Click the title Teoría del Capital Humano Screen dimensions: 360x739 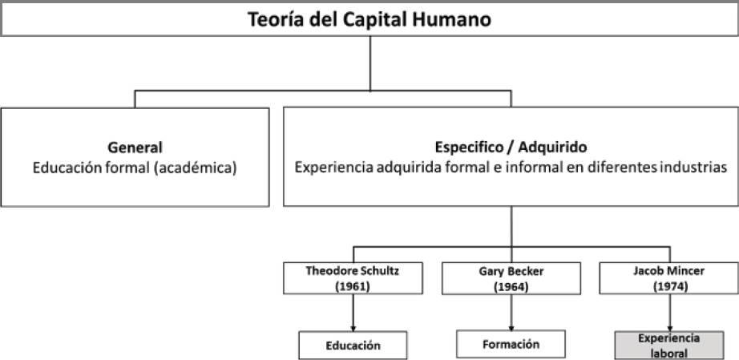(369, 18)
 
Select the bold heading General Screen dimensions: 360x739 (135, 148)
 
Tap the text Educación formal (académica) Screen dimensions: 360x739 (135, 169)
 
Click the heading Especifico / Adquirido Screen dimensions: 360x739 (511, 148)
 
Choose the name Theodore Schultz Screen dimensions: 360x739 (353, 271)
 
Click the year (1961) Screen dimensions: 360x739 (353, 285)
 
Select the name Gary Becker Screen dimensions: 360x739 (511, 271)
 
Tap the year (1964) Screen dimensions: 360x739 (511, 285)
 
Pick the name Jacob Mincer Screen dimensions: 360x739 (668, 271)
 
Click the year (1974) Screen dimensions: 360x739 (668, 285)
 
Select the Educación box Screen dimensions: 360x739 (353, 346)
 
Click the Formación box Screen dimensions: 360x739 (511, 344)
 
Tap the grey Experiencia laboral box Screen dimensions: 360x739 (668, 345)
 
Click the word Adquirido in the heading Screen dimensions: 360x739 (551, 148)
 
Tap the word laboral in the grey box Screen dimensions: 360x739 (668, 352)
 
